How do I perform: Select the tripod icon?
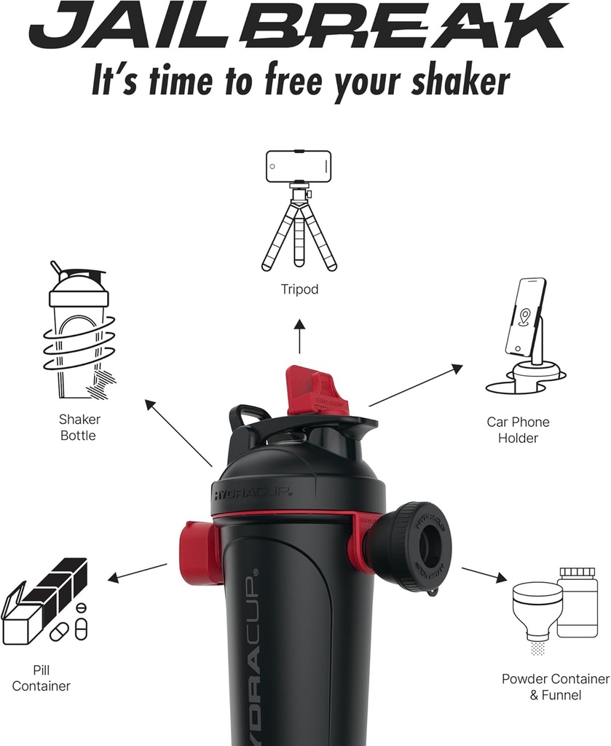tap(299, 211)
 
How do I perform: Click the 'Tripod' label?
tap(299, 289)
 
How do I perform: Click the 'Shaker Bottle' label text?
tap(79, 428)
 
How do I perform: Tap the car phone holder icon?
tap(526, 335)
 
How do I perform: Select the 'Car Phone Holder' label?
tap(518, 430)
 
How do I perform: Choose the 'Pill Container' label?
tap(42, 678)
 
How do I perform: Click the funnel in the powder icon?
tap(537, 609)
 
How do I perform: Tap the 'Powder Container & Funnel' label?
tap(555, 686)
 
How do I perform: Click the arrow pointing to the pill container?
tap(138, 572)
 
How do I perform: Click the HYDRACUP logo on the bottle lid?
tap(252, 493)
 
